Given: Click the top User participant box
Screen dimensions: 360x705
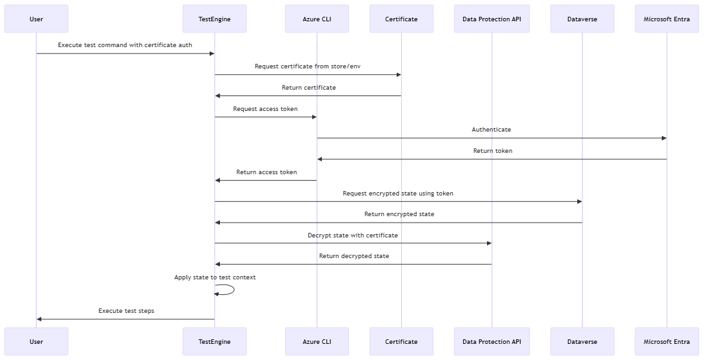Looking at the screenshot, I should coord(36,19).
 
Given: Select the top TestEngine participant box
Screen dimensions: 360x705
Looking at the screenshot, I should coord(215,19).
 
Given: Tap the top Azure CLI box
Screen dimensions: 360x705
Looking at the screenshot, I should coord(317,19).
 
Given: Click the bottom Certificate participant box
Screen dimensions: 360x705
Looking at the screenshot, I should coord(401,341).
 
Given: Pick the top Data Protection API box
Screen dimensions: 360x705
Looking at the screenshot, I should coord(492,19).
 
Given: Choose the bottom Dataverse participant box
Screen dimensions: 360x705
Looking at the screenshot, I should coord(582,341).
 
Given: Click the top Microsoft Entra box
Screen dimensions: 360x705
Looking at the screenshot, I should coord(666,19).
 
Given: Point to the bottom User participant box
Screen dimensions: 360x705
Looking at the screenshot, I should coord(36,341).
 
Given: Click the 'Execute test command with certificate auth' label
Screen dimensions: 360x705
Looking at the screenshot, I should coord(125,45).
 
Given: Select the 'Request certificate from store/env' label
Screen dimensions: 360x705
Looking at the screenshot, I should coord(308,66).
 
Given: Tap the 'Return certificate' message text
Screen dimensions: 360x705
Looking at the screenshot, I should coord(308,88).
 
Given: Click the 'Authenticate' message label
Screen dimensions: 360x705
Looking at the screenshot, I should coord(491,130).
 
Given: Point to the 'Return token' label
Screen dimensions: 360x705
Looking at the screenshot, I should coord(493,151).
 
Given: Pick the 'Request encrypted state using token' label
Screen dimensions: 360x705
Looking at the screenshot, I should coord(398,194).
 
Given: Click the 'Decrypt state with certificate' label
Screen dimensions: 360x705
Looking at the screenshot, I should coord(353,235).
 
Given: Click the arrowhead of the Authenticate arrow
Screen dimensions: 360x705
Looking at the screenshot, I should coord(663,138).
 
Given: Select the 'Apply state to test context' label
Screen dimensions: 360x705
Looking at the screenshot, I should coord(215,277).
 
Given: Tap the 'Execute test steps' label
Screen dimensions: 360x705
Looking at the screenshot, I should coord(126,311).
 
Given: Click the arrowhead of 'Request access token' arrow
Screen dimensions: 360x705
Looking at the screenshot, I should coord(313,117).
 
